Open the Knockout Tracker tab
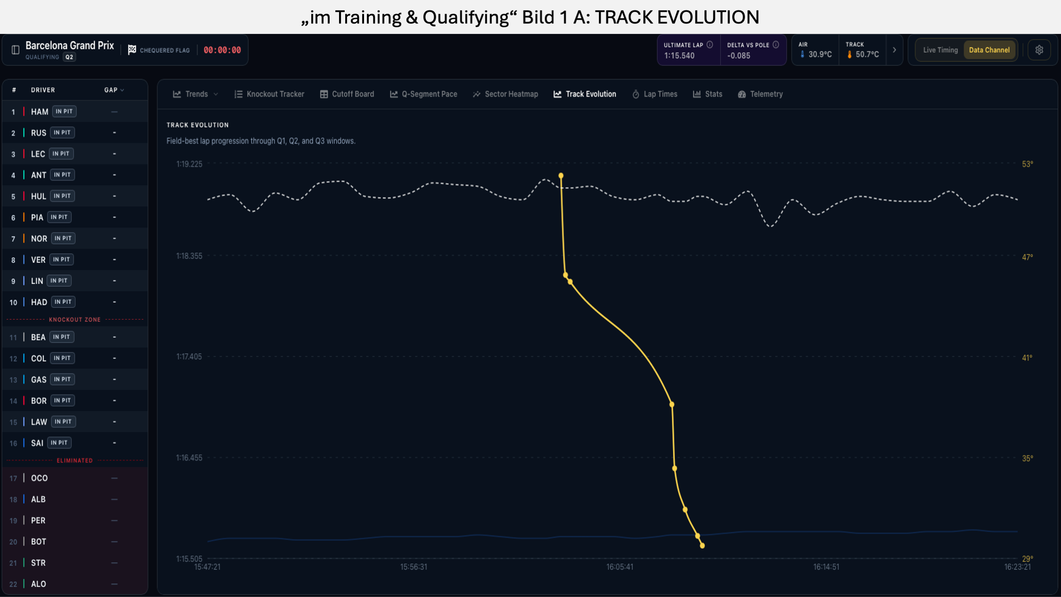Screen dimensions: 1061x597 pos(269,94)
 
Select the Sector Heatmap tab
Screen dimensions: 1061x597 pos(506,94)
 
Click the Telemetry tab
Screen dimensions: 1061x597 pos(760,94)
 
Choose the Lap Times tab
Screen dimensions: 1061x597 pos(655,94)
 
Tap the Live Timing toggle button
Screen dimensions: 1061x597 pos(940,50)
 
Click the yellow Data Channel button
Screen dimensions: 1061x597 pos(989,50)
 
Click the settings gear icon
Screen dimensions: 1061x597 pos(1039,50)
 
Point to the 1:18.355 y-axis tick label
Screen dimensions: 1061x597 pos(189,256)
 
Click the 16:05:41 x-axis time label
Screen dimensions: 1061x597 pos(620,567)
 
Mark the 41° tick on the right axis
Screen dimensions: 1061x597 pos(1027,358)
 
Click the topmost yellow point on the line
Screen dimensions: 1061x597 pos(561,176)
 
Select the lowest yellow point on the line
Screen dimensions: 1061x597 pos(702,546)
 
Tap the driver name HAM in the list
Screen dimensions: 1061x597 pos(40,112)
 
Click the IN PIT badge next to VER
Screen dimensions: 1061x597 pos(61,259)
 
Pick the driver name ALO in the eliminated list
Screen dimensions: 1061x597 pos(39,584)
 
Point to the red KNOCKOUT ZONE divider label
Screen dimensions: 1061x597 pos(75,320)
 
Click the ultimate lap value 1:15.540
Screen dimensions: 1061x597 pos(679,56)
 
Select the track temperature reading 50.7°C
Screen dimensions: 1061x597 pos(867,55)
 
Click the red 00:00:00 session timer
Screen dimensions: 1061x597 pos(222,50)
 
